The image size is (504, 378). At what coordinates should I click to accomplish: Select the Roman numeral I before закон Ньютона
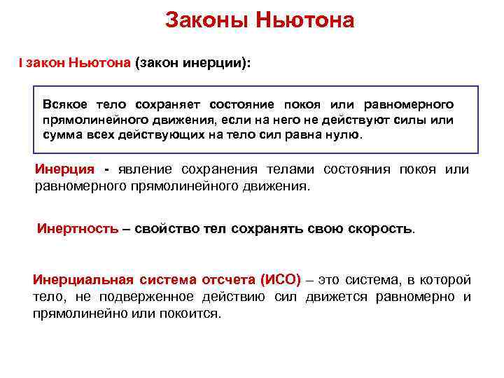point(21,63)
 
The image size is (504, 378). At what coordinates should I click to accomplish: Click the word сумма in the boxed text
point(62,134)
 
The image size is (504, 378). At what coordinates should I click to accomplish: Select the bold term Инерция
point(64,170)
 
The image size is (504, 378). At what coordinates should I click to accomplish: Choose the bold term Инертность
point(78,229)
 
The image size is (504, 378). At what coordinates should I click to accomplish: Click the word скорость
point(383,229)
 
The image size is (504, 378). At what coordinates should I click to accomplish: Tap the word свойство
point(166,229)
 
